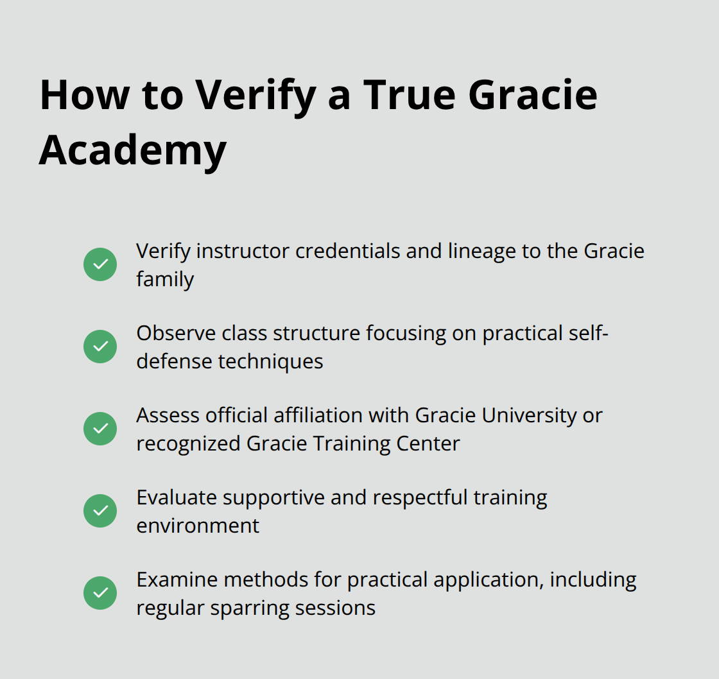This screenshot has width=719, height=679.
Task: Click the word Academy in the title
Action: [x=133, y=150]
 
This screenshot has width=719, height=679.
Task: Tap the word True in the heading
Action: [x=410, y=95]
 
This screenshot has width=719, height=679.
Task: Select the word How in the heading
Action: [x=85, y=95]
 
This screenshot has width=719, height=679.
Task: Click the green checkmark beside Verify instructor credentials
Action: [x=100, y=264]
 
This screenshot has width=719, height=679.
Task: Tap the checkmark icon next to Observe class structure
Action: [x=100, y=347]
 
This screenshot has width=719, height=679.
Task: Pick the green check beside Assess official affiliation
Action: [x=100, y=429]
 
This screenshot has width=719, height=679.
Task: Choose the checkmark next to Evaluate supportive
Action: [x=100, y=511]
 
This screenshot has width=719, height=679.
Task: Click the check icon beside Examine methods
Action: [x=100, y=593]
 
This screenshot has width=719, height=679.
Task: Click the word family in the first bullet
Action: [x=165, y=279]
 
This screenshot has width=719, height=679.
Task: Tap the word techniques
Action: [x=270, y=362]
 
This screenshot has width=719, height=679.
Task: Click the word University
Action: [x=529, y=416]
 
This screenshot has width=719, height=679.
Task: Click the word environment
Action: [x=198, y=526]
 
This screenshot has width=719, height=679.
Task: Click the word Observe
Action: [x=176, y=333]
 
